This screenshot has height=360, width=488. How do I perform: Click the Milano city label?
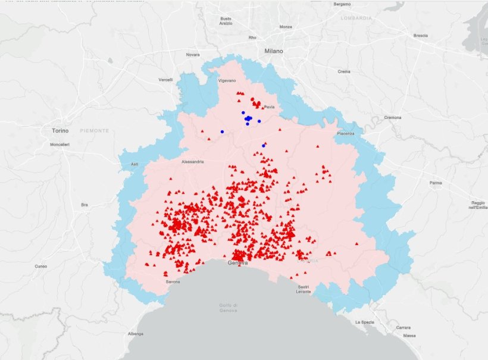click(x=274, y=51)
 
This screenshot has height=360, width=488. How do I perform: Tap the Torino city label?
click(x=60, y=130)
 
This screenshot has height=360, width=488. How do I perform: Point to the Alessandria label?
click(x=193, y=161)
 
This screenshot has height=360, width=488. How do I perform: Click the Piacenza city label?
click(x=346, y=133)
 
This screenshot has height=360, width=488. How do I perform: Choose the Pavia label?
click(x=269, y=107)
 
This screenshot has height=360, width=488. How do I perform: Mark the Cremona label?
click(x=393, y=117)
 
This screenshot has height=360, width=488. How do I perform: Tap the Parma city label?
click(x=436, y=183)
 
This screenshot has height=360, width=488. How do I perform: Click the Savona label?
click(x=173, y=281)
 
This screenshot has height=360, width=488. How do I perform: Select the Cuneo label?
click(x=40, y=266)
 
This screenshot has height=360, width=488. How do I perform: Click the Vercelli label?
click(x=165, y=80)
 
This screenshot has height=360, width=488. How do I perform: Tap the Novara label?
click(x=193, y=55)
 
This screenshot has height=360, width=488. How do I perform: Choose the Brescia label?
click(x=420, y=36)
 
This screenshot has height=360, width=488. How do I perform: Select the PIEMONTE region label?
click(x=95, y=130)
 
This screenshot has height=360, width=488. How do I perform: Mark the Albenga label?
click(x=135, y=334)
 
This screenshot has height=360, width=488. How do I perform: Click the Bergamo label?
click(x=342, y=4)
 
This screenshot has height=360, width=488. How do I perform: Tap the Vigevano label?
click(x=227, y=80)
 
